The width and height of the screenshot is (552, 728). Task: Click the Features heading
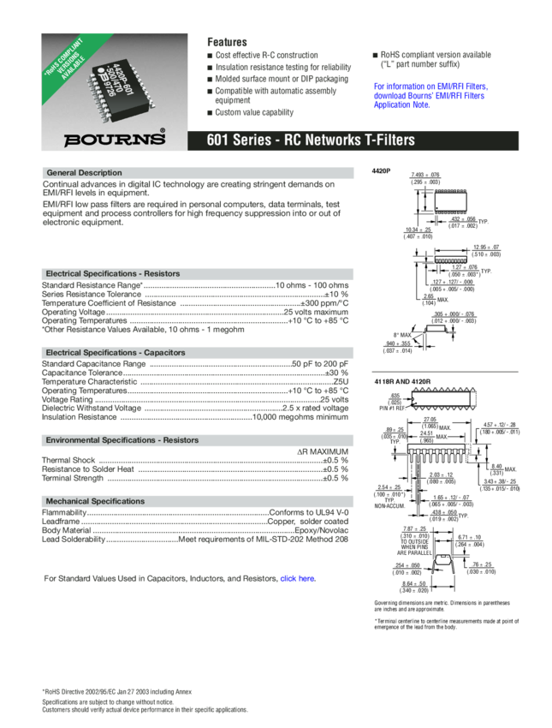(x=227, y=42)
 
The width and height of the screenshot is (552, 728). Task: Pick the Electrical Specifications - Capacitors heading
(x=116, y=353)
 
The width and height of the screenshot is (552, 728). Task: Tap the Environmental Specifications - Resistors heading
(x=122, y=440)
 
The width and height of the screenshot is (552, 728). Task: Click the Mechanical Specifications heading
(x=96, y=501)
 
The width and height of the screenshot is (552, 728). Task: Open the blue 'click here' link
(x=298, y=578)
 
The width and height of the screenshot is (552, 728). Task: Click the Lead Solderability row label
(x=74, y=540)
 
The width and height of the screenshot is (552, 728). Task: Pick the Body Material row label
(x=66, y=531)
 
